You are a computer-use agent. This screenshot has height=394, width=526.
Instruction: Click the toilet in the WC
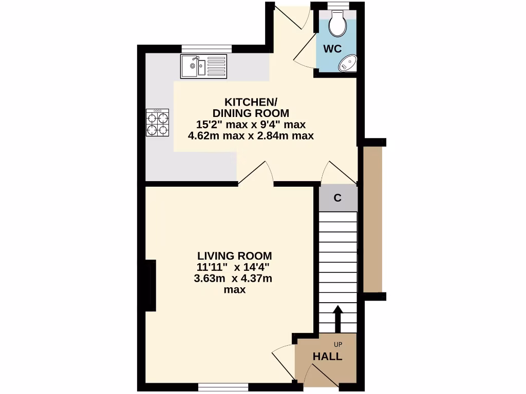point(337,24)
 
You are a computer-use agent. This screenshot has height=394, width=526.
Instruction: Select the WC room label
point(332,49)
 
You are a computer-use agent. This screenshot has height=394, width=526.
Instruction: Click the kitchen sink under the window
point(203,66)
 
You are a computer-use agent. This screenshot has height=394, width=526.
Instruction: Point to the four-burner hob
point(158,124)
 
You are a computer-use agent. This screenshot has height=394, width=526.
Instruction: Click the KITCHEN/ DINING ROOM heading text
point(251,107)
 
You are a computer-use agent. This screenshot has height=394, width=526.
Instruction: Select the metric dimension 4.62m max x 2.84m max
point(251,136)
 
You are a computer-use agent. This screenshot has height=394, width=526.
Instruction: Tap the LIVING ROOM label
point(235,255)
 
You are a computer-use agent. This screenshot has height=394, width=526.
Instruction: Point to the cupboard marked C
point(337,198)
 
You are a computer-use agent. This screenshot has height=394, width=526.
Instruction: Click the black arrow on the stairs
point(337,319)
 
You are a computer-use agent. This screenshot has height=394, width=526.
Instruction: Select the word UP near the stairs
point(337,344)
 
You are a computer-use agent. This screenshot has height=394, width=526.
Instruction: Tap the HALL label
point(328,357)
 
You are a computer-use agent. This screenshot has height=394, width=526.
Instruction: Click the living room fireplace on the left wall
point(151,285)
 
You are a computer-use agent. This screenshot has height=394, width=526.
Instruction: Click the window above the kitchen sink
point(206,49)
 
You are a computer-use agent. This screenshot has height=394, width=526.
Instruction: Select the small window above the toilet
point(337,5)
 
